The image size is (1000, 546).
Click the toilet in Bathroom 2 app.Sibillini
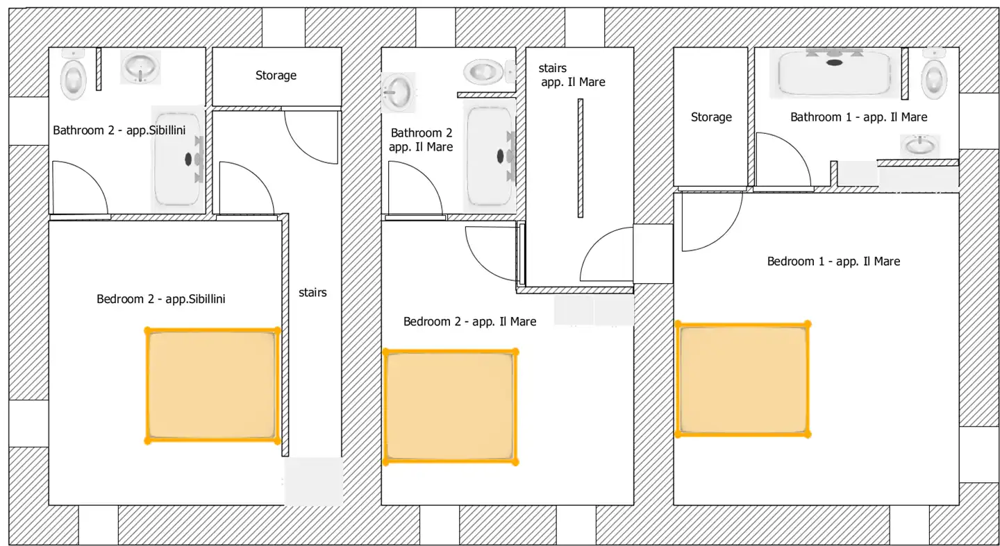pos(73,75)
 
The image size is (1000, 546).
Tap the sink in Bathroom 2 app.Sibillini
pos(140,67)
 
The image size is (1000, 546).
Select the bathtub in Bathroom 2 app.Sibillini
pos(178,159)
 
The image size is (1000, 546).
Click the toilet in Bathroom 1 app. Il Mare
pos(934,74)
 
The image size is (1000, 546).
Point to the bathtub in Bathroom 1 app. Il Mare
pos(834,73)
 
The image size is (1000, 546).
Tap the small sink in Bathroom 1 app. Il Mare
pos(919,145)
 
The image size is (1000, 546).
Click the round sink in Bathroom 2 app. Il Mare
pos(397,93)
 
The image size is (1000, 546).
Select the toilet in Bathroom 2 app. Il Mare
pos(490,71)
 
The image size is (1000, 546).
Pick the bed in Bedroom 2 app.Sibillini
pos(212,385)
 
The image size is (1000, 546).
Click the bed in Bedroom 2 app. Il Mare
pos(451,407)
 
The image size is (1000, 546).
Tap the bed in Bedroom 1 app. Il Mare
pos(743,379)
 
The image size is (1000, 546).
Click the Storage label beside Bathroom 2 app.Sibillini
pos(276,76)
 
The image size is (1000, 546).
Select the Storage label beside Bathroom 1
pos(711,117)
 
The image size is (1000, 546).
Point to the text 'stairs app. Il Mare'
pos(572,75)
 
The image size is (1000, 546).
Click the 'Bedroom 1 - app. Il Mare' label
pos(833,261)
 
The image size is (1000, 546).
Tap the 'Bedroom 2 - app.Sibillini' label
pos(160,298)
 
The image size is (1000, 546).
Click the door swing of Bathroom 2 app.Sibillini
pos(92,176)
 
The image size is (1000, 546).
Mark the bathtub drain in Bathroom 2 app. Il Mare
pos(500,155)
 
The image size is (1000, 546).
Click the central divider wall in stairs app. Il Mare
pos(581,158)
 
